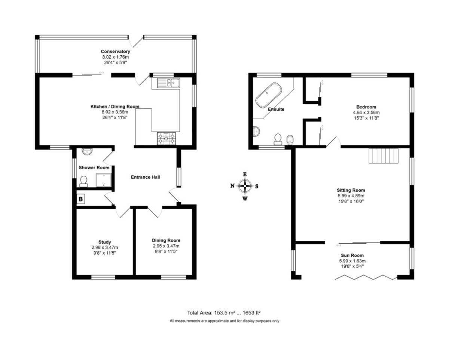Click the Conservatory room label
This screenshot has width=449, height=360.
tap(115, 51)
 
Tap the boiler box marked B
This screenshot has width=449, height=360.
tap(81, 199)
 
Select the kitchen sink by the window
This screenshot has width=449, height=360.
tap(169, 83)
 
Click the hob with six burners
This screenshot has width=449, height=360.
tap(166, 138)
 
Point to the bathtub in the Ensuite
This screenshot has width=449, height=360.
tap(269, 95)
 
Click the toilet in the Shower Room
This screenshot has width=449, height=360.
tap(84, 182)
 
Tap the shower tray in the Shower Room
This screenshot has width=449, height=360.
tap(104, 180)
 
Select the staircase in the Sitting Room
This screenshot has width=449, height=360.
tap(384, 156)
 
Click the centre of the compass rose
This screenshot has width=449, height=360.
tap(245, 186)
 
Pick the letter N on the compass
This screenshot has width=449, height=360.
tap(232, 186)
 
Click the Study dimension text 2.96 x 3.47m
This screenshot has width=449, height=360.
tap(105, 247)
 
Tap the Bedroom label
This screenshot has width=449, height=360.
tap(366, 107)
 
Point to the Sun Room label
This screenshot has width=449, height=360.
tap(352, 255)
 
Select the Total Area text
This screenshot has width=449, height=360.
tap(224, 313)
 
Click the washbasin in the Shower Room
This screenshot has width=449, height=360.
tap(87, 151)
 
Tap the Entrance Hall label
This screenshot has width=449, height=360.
tap(146, 177)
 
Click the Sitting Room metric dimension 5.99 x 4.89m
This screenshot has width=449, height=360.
tap(351, 196)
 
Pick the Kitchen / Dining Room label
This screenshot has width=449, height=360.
tap(115, 107)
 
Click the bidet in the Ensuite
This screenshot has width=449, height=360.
tap(290, 140)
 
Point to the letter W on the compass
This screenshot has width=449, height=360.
tap(245, 199)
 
